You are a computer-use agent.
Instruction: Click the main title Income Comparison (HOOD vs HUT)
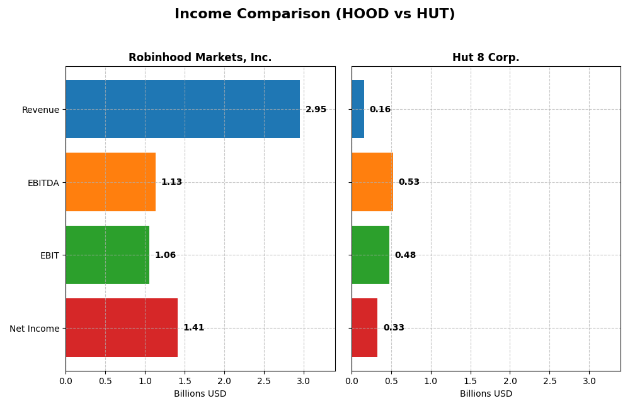click(x=314, y=14)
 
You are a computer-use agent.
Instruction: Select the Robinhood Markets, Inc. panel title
click(x=200, y=57)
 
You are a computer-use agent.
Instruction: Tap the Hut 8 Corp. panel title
click(x=486, y=57)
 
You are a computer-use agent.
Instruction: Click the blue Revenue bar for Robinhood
click(x=183, y=109)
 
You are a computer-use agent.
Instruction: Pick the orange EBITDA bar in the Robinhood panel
click(x=110, y=182)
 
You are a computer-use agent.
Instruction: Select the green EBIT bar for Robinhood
click(x=107, y=255)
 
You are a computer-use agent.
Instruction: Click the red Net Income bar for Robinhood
click(x=122, y=327)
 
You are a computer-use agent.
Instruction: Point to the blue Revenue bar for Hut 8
click(x=358, y=109)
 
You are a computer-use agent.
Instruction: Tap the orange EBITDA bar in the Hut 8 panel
click(x=372, y=182)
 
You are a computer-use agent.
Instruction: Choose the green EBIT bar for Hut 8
click(x=370, y=255)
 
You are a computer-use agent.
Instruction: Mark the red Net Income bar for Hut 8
click(x=365, y=327)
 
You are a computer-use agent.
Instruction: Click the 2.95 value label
click(x=316, y=110)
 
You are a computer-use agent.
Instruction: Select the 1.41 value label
click(x=193, y=328)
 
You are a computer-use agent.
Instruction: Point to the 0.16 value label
click(x=380, y=110)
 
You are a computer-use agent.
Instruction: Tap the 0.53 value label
click(x=409, y=182)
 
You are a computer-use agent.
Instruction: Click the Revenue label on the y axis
click(x=40, y=110)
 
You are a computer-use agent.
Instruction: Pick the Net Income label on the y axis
click(x=35, y=328)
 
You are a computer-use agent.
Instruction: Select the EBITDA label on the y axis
click(x=43, y=183)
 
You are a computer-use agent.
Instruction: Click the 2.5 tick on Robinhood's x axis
click(x=264, y=381)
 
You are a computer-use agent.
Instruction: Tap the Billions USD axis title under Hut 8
click(x=486, y=394)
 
